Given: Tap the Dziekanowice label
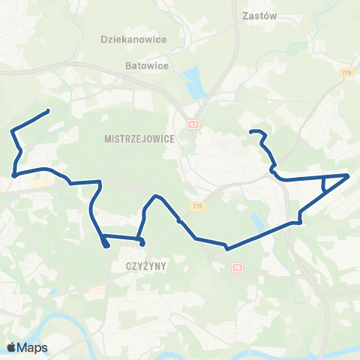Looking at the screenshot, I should [x=133, y=38].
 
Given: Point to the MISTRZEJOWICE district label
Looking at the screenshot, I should [x=139, y=139].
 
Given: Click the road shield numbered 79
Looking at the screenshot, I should [x=238, y=267].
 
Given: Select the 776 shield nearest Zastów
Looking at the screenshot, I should [x=346, y=72].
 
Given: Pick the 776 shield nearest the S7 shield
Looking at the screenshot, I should [x=197, y=206].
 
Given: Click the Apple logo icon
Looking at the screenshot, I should [x=12, y=347].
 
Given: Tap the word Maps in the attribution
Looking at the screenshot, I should [x=33, y=347].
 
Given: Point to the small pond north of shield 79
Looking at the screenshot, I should [x=258, y=223].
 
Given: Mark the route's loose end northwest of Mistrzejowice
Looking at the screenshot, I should [x=48, y=111].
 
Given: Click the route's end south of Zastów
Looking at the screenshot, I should [x=250, y=133].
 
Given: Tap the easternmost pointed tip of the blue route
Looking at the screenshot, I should [x=349, y=175].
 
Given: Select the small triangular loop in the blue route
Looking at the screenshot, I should [x=330, y=182].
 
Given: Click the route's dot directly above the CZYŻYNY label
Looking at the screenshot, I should [x=142, y=243].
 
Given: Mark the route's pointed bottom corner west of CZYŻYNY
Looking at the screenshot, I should [x=103, y=244].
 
